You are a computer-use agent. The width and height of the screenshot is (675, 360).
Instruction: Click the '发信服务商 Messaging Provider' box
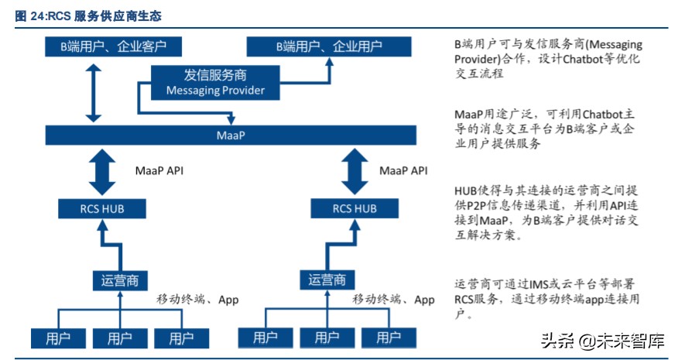point(215,83)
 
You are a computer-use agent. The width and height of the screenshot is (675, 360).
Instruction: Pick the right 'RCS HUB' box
point(355,208)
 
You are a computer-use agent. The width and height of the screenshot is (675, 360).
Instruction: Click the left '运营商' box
point(119,279)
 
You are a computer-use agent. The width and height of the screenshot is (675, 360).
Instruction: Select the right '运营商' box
point(327,279)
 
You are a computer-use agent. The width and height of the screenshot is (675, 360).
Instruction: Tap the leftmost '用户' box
point(57,338)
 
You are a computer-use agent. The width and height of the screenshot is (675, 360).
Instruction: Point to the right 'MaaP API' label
point(403,170)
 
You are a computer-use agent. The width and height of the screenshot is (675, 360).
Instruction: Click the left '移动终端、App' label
point(197,299)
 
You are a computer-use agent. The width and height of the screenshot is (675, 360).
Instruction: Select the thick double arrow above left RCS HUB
point(101,171)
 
